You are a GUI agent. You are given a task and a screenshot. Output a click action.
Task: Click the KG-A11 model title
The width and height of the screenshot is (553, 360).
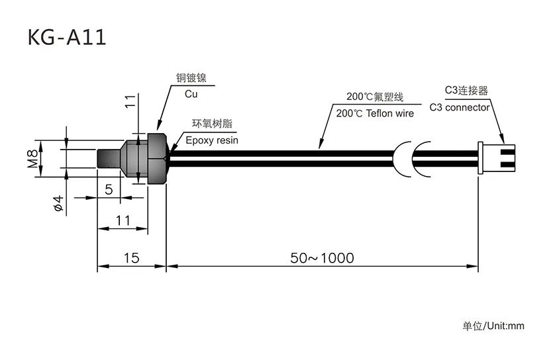tap(66, 37)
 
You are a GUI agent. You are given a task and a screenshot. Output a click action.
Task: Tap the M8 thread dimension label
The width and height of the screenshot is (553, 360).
tap(32, 159)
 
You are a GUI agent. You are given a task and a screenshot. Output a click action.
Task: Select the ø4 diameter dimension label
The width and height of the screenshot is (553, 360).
tap(58, 203)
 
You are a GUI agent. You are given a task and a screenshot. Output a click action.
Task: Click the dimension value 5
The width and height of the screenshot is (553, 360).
tap(109, 189)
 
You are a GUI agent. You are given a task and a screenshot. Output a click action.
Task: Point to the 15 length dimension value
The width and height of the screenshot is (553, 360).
tap(131, 258)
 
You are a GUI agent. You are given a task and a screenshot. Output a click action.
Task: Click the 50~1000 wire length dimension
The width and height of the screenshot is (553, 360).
tap(322, 258)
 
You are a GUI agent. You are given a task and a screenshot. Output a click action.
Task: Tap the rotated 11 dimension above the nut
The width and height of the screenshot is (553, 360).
tap(131, 101)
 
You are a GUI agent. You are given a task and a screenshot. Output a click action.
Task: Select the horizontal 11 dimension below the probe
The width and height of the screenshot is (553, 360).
tap(123, 221)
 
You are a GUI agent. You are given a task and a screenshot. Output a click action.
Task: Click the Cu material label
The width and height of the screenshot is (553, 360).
tap(191, 94)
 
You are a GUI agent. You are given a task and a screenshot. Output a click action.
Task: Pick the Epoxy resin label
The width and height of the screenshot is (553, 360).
tap(211, 140)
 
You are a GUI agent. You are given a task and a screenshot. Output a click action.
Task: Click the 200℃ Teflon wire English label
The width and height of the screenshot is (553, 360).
tap(375, 113)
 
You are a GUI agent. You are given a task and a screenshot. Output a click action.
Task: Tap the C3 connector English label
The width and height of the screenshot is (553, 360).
tap(460, 107)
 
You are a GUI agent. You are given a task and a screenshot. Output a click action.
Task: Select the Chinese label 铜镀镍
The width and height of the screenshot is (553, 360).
tap(191, 78)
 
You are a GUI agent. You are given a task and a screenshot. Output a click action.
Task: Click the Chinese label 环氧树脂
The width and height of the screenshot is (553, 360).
tap(211, 124)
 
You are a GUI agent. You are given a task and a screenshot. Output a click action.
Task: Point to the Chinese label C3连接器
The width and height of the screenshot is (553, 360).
tap(466, 91)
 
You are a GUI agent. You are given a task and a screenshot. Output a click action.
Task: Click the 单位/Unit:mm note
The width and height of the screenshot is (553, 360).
tap(493, 326)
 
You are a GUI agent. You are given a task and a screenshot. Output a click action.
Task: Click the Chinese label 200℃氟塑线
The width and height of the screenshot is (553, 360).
tap(374, 97)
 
